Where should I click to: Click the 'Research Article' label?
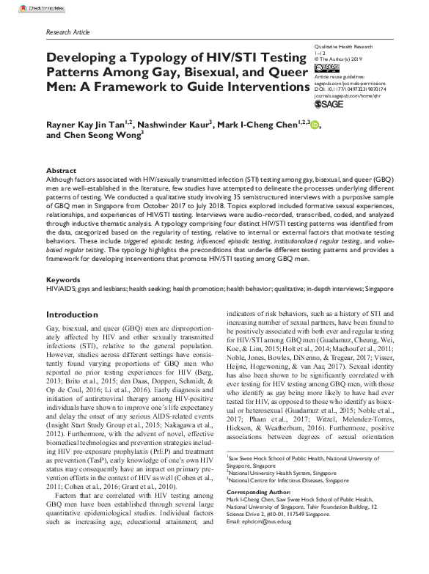(68, 33)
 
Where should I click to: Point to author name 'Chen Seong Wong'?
(106, 135)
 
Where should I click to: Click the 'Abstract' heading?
(62, 169)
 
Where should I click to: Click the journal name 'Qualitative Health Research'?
(342, 45)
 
